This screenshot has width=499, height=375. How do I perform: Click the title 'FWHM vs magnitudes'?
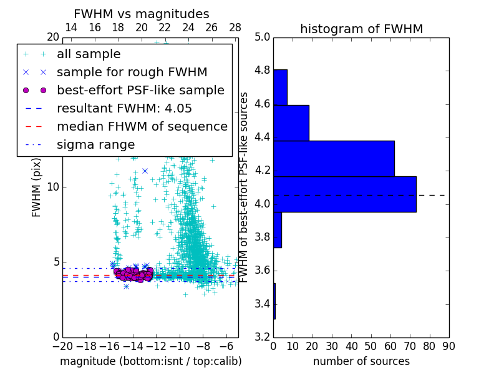point(142,14)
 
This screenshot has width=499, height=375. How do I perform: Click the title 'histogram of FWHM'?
point(361,29)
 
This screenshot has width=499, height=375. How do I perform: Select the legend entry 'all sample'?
point(89,54)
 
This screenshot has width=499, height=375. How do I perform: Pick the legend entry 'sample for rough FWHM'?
point(132,72)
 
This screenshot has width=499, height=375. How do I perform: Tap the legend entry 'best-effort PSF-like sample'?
point(140,90)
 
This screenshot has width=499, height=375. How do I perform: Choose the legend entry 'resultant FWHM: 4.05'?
point(124,108)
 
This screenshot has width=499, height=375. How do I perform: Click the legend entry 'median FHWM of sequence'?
point(142,126)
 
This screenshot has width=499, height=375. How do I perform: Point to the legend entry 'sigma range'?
point(95,144)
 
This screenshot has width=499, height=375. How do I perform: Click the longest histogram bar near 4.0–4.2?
point(344,194)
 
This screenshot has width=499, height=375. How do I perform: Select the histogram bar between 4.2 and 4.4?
point(334,159)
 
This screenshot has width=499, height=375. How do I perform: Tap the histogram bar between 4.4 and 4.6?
point(291,123)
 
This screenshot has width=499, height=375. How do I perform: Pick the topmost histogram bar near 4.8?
point(280,87)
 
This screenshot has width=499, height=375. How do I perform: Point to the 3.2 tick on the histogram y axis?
point(262,337)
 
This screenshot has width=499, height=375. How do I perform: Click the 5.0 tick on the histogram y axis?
point(262,37)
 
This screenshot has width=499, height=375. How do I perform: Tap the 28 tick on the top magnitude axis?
point(235,27)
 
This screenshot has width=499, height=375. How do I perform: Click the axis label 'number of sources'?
point(361,361)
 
